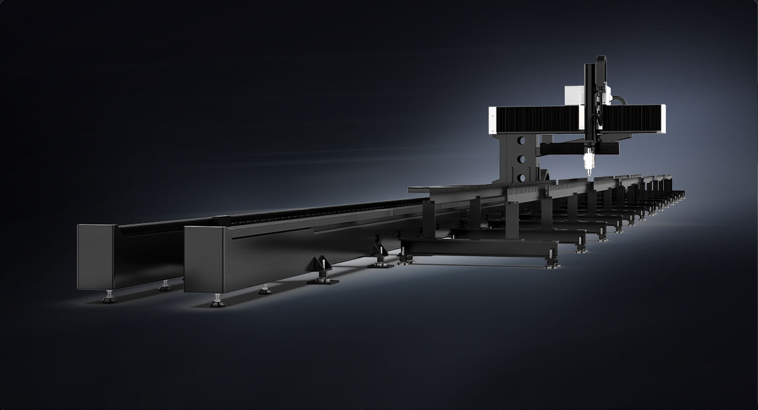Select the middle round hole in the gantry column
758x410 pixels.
521,158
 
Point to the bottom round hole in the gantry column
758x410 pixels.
521,176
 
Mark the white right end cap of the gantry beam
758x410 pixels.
662,119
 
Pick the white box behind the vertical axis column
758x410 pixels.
574,95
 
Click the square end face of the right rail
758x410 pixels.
203,259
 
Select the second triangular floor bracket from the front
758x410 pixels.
380,255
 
